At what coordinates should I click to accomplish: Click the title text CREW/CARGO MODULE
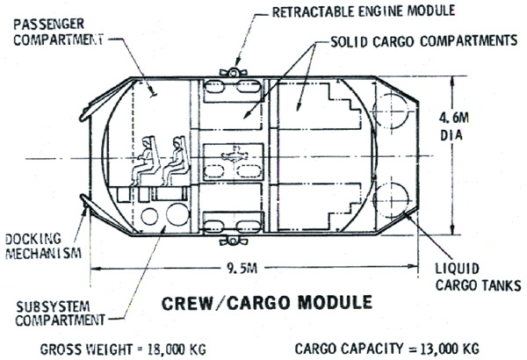click(267, 303)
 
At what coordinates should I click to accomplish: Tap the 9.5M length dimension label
click(242, 268)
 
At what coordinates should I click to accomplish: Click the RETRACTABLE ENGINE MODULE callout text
click(364, 11)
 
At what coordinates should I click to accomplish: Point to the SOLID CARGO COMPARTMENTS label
click(424, 41)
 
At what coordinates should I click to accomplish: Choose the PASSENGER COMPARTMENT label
click(59, 32)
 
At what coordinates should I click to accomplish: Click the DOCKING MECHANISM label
click(43, 246)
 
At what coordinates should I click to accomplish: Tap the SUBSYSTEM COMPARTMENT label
click(60, 313)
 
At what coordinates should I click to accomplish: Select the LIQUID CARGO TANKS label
click(479, 277)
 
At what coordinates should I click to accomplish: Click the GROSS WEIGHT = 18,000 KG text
click(123, 349)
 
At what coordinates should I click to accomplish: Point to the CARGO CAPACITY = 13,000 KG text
click(386, 349)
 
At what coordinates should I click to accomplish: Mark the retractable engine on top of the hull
click(233, 72)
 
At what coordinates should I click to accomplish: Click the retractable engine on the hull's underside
click(233, 241)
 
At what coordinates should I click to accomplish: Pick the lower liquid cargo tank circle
click(391, 200)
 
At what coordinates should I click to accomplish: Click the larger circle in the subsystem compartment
click(177, 214)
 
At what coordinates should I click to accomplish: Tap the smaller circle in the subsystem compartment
click(149, 217)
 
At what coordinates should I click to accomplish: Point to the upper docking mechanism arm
click(105, 99)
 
